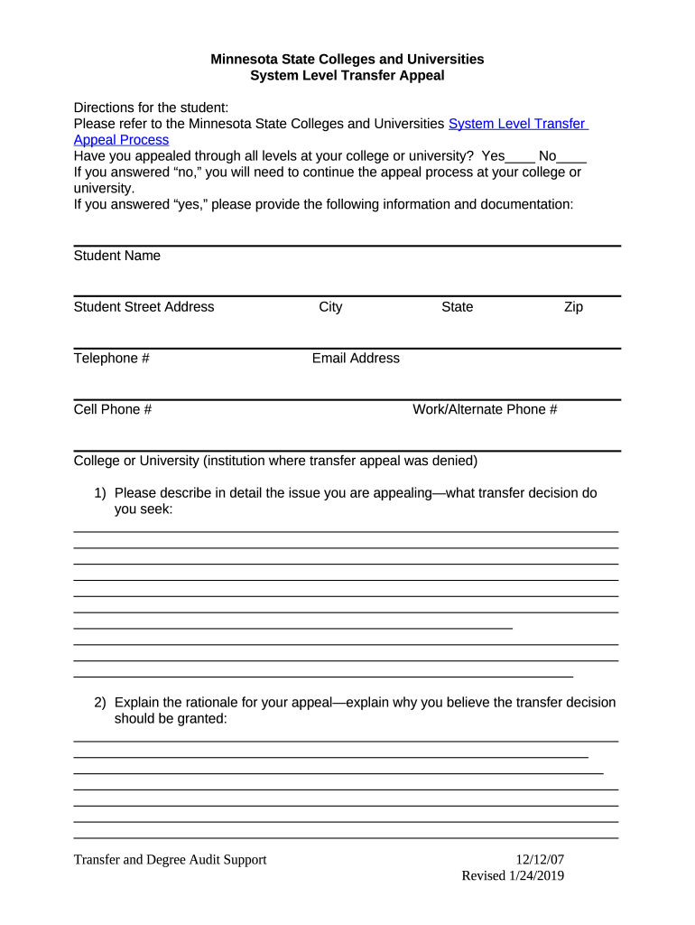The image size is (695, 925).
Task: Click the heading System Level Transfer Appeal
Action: (x=347, y=76)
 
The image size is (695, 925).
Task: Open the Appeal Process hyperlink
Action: (x=121, y=140)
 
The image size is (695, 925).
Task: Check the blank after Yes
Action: (x=521, y=156)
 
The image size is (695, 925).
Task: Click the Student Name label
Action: (x=116, y=256)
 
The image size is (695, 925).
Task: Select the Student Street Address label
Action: (x=144, y=307)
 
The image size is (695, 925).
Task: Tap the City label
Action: (x=330, y=307)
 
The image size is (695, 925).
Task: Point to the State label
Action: (x=457, y=307)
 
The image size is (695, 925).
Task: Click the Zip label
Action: (x=573, y=307)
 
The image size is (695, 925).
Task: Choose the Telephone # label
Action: (x=111, y=359)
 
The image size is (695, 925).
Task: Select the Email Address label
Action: (x=356, y=359)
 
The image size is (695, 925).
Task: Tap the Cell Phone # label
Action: (x=112, y=410)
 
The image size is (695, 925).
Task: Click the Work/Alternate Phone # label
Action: (x=485, y=410)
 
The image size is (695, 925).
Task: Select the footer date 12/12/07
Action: (x=540, y=860)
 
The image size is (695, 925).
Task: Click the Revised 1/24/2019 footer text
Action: (x=513, y=876)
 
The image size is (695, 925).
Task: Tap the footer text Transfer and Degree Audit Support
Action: (x=170, y=860)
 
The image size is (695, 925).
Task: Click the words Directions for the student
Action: (x=151, y=107)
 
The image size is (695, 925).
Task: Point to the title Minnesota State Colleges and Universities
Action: (x=347, y=60)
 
